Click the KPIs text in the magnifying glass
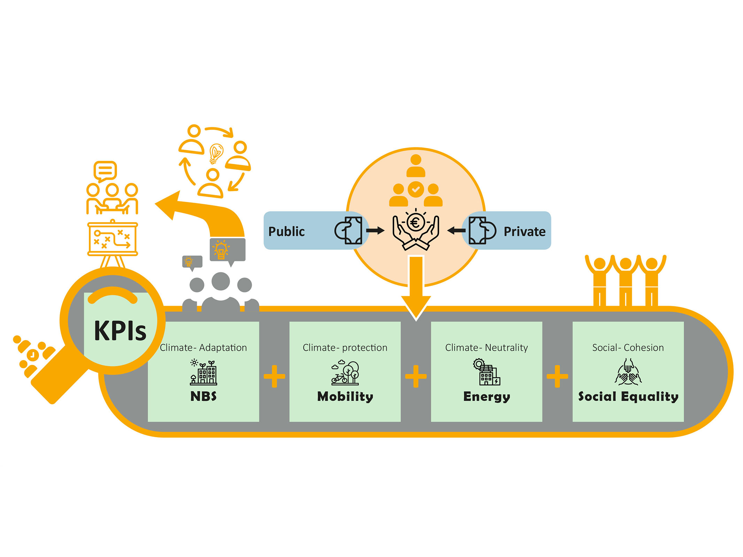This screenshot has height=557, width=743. [120, 330]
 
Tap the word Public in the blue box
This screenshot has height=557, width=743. [286, 232]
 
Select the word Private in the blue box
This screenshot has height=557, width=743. [524, 232]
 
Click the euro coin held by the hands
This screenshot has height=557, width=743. [415, 222]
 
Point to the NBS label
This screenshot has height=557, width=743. [203, 396]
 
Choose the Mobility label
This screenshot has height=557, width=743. [345, 396]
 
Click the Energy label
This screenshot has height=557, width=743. [486, 397]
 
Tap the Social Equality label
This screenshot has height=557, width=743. [628, 397]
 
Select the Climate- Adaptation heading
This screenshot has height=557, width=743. [203, 347]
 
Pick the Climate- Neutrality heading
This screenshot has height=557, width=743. [486, 347]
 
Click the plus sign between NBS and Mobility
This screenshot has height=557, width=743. [274, 376]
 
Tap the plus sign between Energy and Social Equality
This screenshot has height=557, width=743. [557, 376]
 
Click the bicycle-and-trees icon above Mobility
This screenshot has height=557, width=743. [345, 373]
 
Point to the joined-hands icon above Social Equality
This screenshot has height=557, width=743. [628, 373]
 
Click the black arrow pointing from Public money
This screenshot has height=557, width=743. [375, 230]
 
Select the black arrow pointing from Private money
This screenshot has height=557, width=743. [456, 230]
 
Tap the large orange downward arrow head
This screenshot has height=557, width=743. [416, 306]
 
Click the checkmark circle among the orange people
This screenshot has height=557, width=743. [416, 189]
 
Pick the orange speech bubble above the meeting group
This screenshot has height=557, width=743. [105, 171]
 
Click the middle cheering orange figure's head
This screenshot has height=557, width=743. [626, 264]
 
